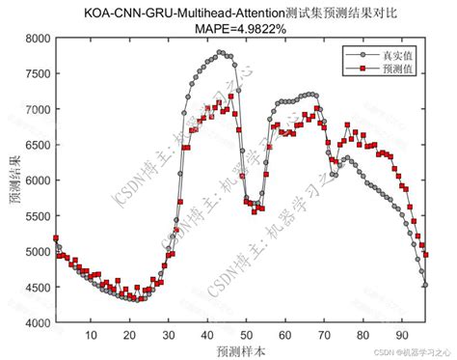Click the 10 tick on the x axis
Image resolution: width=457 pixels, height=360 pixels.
pyautogui.click(x=90, y=335)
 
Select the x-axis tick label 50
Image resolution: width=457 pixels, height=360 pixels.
pyautogui.click(x=247, y=335)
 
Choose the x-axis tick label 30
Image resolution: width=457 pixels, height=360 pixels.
pyautogui.click(x=168, y=335)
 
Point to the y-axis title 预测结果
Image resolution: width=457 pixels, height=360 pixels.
pyautogui.click(x=13, y=180)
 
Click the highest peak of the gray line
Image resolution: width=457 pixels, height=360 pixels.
pyautogui.click(x=221, y=52)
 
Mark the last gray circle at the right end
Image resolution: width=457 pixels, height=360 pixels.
pyautogui.click(x=425, y=285)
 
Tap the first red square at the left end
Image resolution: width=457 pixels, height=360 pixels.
pyautogui.click(x=55, y=237)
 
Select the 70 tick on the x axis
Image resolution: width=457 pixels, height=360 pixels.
pyautogui.click(x=325, y=335)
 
